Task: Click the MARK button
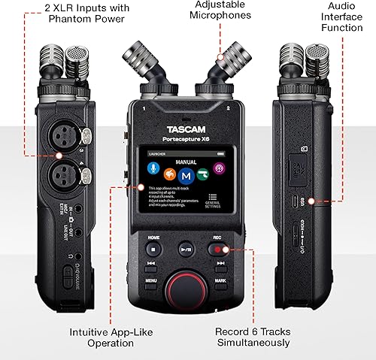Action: point(220,280)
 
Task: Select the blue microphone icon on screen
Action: point(152,174)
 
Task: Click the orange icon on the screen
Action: point(169,174)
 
